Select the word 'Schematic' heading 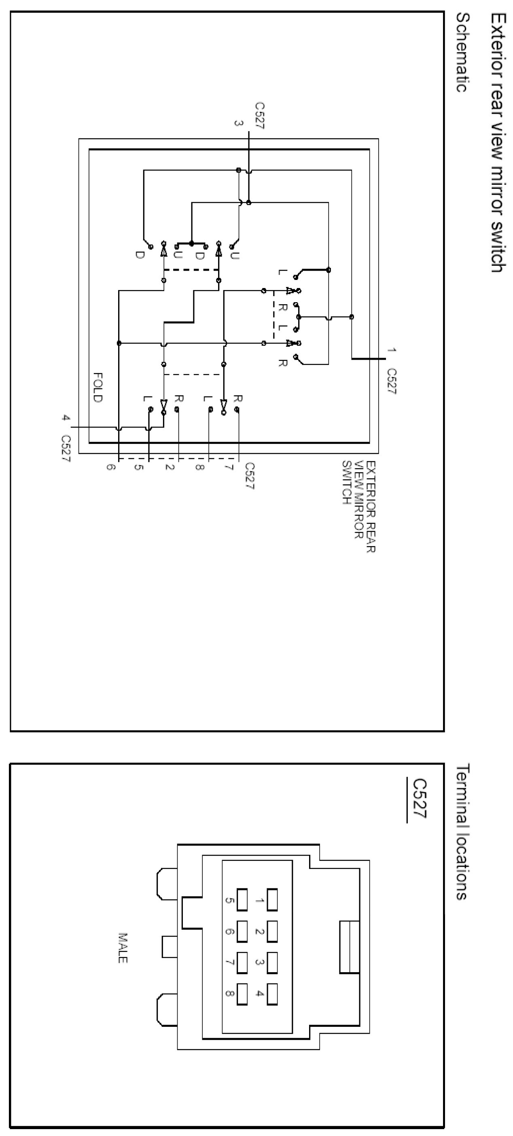click(x=461, y=53)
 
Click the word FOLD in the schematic click(x=98, y=387)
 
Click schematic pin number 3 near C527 click(x=238, y=124)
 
